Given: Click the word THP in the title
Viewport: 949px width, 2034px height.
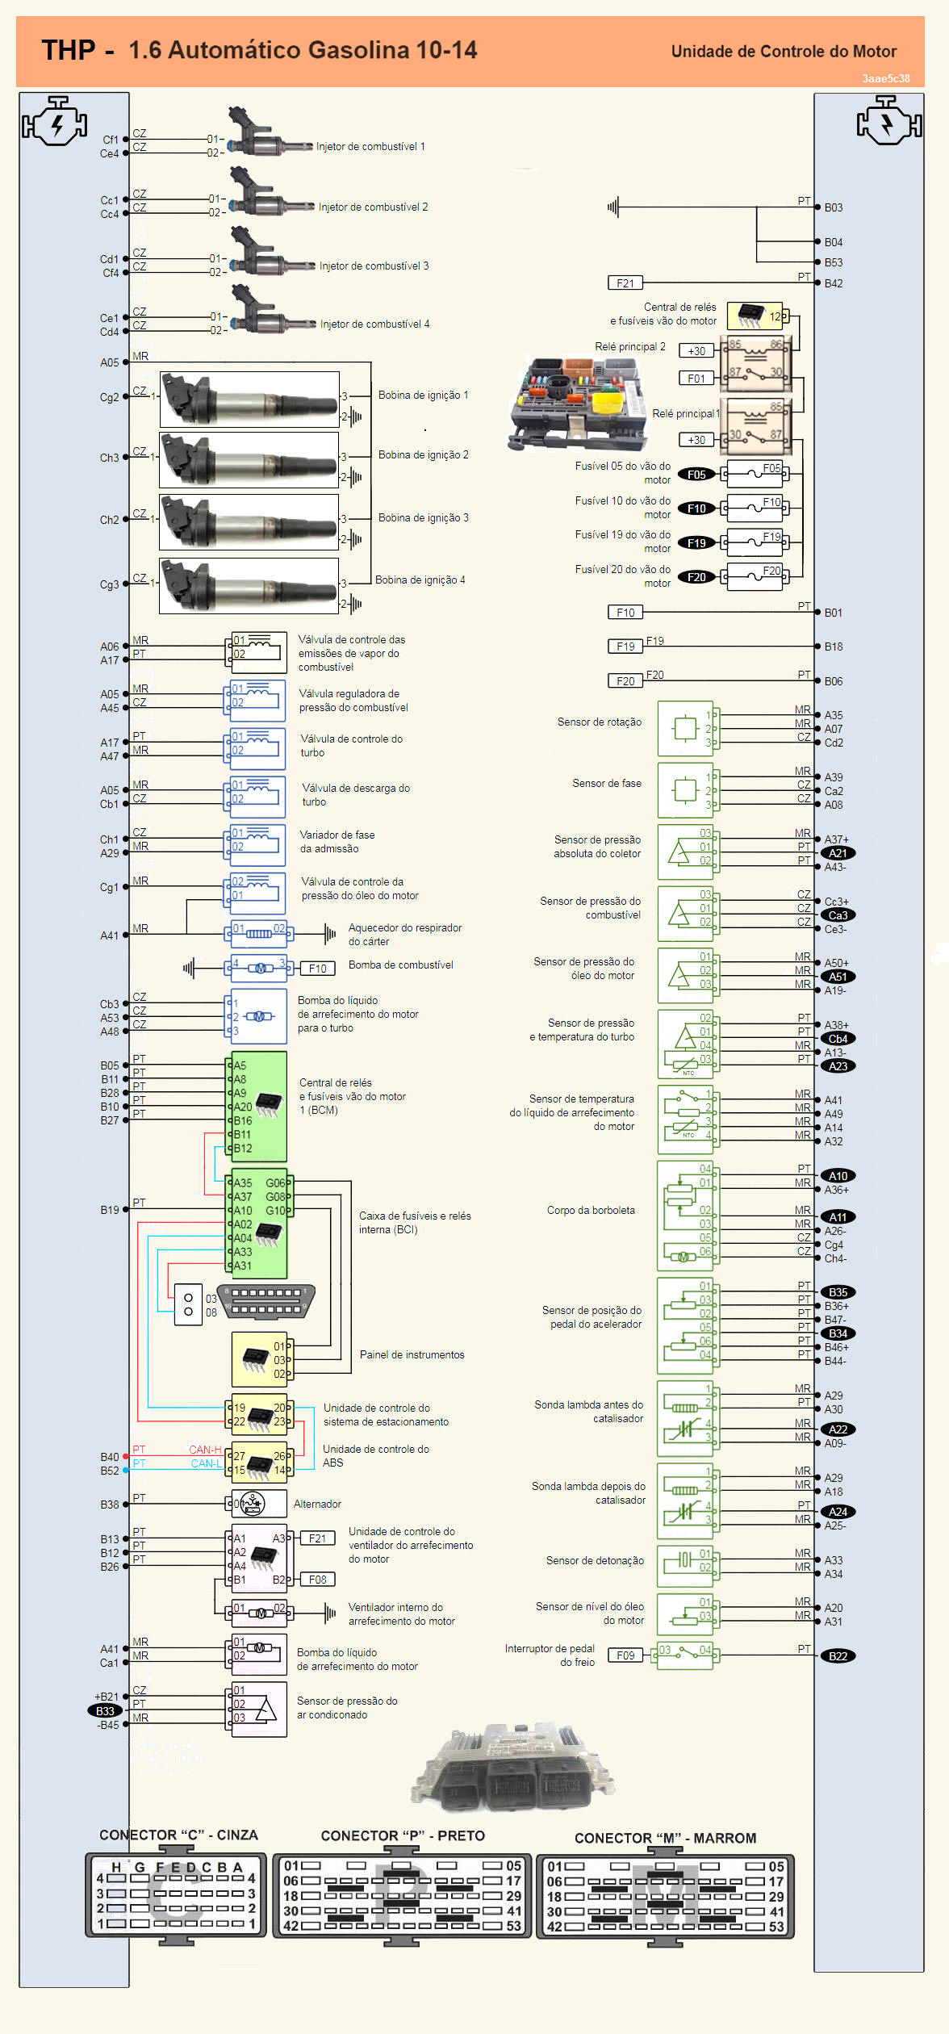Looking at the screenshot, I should [x=69, y=50].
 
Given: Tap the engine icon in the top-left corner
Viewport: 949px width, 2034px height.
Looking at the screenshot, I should [x=55, y=121].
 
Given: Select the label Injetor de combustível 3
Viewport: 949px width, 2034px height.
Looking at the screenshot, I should [x=374, y=266].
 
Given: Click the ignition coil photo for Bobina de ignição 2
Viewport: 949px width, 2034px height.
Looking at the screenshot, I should [x=249, y=459].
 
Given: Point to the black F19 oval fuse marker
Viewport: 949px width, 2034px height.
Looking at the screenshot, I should [x=696, y=542].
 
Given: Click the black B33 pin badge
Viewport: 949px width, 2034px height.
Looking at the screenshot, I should [x=105, y=1710].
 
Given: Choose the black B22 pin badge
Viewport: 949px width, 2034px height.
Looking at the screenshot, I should [x=838, y=1655].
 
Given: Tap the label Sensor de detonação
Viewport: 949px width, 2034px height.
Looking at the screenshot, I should [x=595, y=1560].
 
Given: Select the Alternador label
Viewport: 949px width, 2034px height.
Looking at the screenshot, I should [x=317, y=1504].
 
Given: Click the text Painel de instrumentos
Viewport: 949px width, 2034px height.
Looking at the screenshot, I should [x=412, y=1354].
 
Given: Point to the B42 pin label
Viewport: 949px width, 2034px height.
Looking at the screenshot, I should [x=833, y=283].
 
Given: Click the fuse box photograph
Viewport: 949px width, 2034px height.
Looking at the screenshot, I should [x=576, y=402].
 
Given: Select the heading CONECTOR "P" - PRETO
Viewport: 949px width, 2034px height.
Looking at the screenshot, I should [x=403, y=1835].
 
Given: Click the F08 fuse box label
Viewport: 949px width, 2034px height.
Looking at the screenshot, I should [x=317, y=1580].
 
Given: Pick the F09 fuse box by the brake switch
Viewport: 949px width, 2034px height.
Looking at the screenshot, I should [x=625, y=1655].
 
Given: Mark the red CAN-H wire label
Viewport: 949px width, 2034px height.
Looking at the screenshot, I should [x=205, y=1450].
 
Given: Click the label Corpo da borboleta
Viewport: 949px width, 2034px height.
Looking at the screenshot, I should [x=591, y=1210].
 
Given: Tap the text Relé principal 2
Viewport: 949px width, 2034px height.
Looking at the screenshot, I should [x=630, y=346].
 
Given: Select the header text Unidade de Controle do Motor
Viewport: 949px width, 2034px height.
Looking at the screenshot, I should [x=784, y=52].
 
